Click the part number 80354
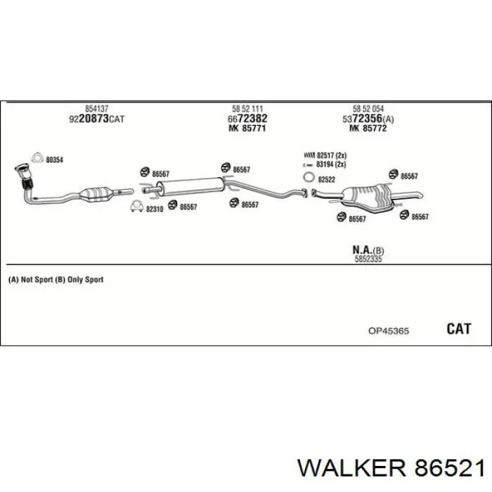55,160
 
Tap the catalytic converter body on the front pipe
96,194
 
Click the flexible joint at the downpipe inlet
27,183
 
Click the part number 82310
155,209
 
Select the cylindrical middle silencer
190,186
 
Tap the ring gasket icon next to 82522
309,177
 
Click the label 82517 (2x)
331,155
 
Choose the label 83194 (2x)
331,164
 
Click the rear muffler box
367,198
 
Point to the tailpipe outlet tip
420,196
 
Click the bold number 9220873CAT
97,119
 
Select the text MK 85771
247,129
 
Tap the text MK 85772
368,129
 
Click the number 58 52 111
247,109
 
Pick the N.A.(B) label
368,250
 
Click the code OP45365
389,331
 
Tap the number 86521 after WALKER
449,469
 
